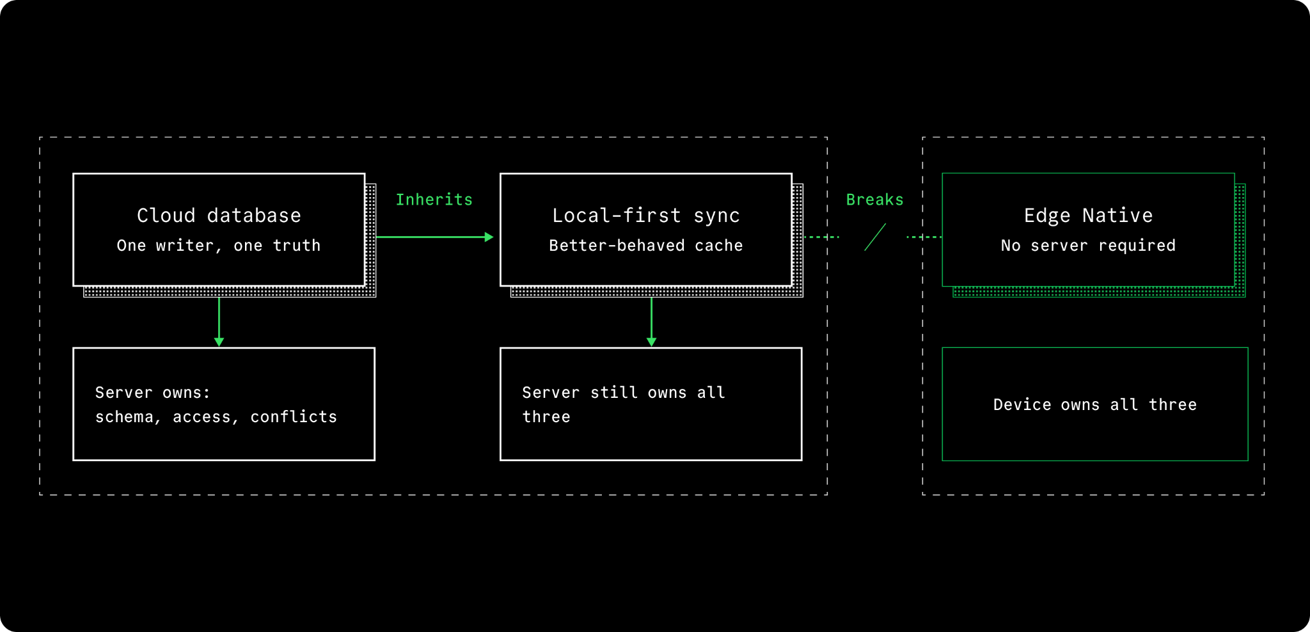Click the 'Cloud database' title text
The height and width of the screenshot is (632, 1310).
click(x=219, y=216)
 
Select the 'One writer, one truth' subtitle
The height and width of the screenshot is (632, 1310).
click(x=219, y=246)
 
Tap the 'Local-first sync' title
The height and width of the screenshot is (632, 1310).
click(x=646, y=216)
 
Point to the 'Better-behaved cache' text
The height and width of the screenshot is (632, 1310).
click(x=646, y=246)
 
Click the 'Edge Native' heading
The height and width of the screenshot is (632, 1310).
click(x=1089, y=216)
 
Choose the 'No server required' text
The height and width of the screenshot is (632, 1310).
click(x=1089, y=246)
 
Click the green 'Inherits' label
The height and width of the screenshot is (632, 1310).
click(x=434, y=200)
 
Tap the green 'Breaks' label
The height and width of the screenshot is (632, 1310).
click(x=875, y=200)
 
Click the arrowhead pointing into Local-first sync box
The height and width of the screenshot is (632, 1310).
click(x=489, y=237)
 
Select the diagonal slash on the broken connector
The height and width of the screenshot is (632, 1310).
click(x=875, y=237)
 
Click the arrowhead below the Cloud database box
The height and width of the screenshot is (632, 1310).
click(x=219, y=342)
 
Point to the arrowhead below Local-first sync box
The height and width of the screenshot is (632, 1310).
click(x=651, y=342)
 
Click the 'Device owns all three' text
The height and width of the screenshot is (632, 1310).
click(x=1095, y=405)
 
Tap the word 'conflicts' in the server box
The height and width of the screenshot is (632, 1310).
click(x=294, y=417)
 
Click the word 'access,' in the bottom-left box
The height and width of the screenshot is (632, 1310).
click(x=202, y=418)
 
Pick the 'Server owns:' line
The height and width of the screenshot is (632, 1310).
click(x=153, y=393)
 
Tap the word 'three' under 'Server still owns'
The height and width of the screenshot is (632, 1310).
click(x=546, y=417)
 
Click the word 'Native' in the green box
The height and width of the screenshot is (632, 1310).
click(x=1117, y=216)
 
